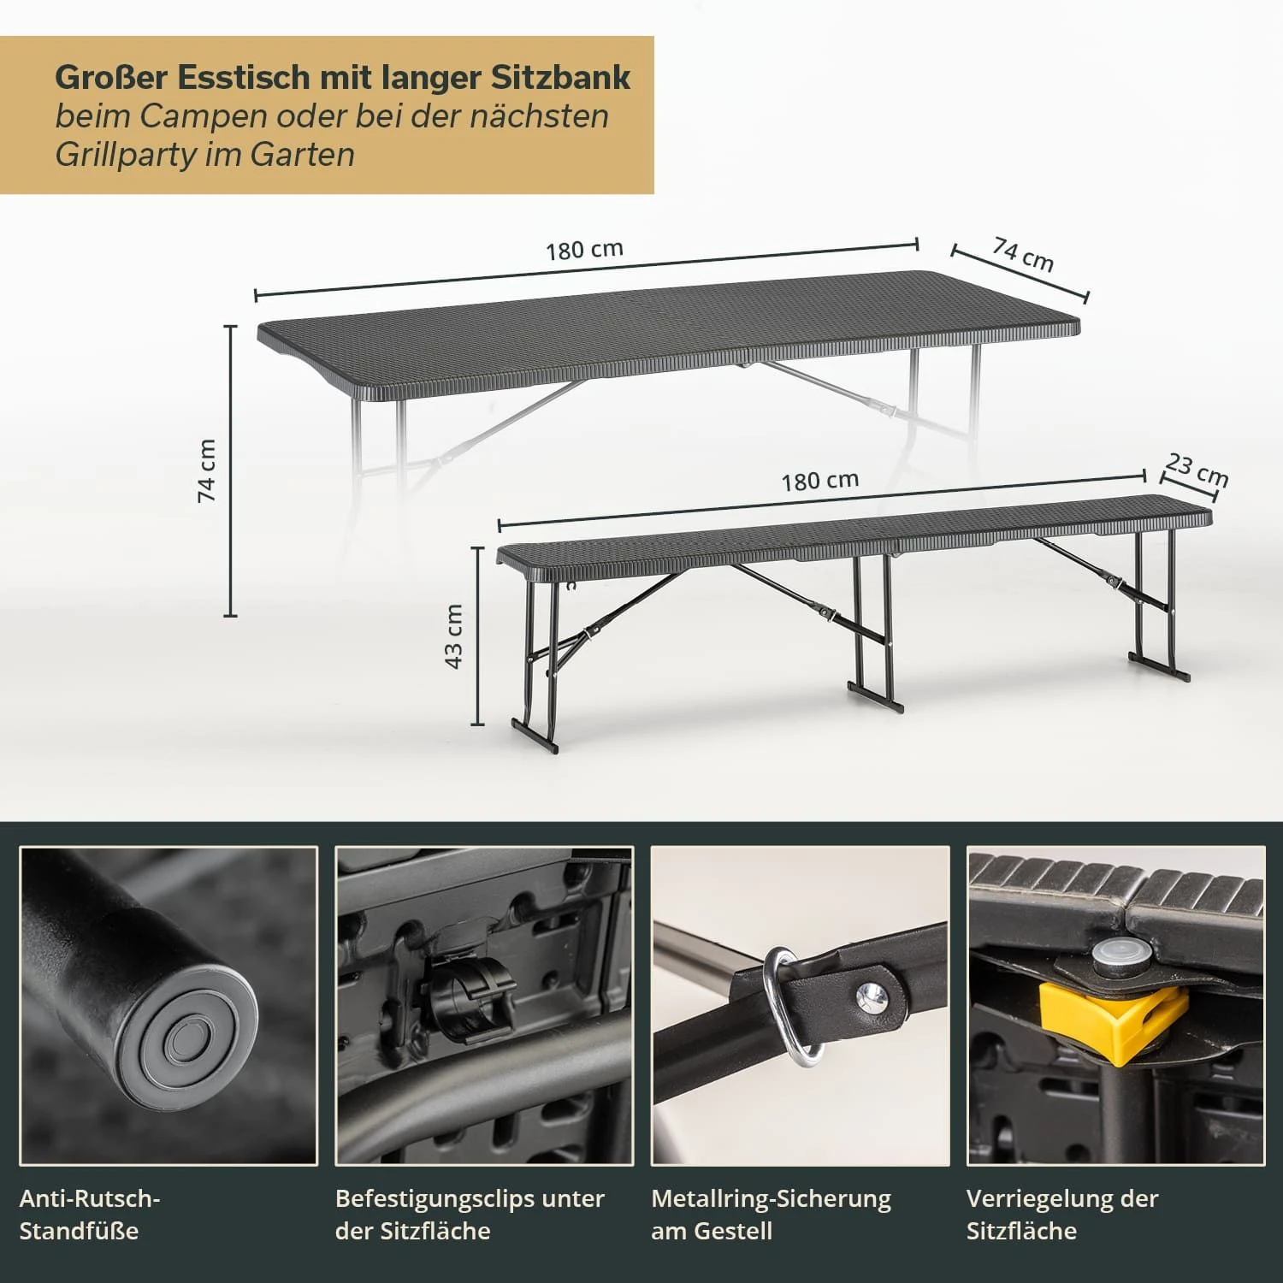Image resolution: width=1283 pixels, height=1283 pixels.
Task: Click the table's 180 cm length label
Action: coord(584,250)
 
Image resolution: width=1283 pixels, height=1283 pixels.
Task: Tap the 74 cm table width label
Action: coord(1023,254)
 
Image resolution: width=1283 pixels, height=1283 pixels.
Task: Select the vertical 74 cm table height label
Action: coord(207,470)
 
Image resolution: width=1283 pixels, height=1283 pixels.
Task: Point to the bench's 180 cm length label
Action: coord(819,481)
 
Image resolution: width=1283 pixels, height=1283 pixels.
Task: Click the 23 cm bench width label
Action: coord(1197,470)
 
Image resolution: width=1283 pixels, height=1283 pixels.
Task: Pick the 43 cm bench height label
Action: coord(453,636)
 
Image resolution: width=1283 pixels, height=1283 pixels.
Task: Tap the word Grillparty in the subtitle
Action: coord(122,155)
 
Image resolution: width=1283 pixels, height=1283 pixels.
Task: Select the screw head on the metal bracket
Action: coord(873,995)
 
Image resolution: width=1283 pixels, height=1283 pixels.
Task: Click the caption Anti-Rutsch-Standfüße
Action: coord(90,1215)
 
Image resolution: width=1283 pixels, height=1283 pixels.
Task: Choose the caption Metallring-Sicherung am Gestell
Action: coord(771,1215)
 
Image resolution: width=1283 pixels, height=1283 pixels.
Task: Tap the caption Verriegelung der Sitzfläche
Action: coord(1062,1215)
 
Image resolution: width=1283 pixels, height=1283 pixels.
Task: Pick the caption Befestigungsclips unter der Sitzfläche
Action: coord(470,1215)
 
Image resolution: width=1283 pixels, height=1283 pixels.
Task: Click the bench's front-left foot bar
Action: coord(535,736)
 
